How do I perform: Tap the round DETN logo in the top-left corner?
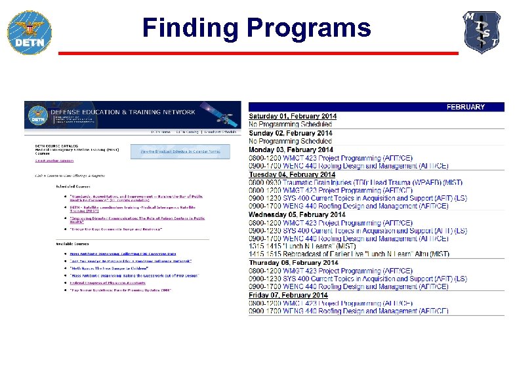pos(28,32)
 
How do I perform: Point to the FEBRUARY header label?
pos(466,107)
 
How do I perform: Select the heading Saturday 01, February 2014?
pos(293,117)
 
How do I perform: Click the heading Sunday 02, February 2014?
pos(291,133)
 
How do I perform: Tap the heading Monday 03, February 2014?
pos(291,150)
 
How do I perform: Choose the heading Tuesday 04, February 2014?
pos(292,174)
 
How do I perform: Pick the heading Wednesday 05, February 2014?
pos(297,214)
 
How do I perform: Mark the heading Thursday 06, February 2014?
pos(293,263)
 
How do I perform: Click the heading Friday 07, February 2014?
pos(288,295)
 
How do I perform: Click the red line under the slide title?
pos(258,52)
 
